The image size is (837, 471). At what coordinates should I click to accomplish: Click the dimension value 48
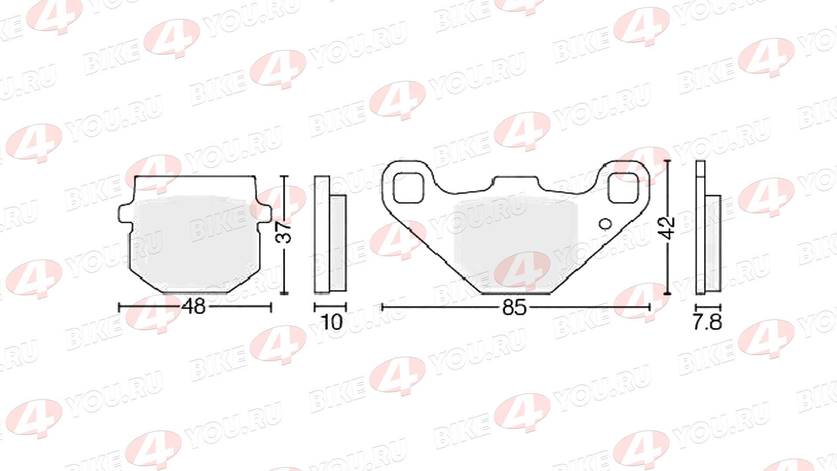click(194, 307)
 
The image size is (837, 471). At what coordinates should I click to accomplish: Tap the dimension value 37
click(285, 232)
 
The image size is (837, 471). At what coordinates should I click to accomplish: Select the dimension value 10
click(332, 322)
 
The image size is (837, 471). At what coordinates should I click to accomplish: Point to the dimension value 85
click(514, 307)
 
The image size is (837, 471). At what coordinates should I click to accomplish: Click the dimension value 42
click(668, 228)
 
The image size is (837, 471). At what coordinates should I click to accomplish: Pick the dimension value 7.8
click(707, 322)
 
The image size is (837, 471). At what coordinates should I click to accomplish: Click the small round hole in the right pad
click(606, 224)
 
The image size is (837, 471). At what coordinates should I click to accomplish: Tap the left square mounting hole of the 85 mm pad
click(408, 188)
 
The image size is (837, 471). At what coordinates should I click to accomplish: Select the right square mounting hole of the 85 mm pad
click(623, 188)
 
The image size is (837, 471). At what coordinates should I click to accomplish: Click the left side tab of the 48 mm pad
click(125, 214)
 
